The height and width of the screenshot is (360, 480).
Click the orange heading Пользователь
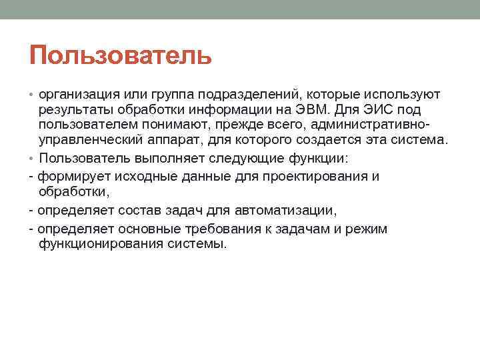[121, 55]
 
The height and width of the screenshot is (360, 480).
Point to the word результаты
[74, 109]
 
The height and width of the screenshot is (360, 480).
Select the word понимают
[167, 125]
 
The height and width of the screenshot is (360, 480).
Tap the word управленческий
[87, 140]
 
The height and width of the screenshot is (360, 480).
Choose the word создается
[309, 140]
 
